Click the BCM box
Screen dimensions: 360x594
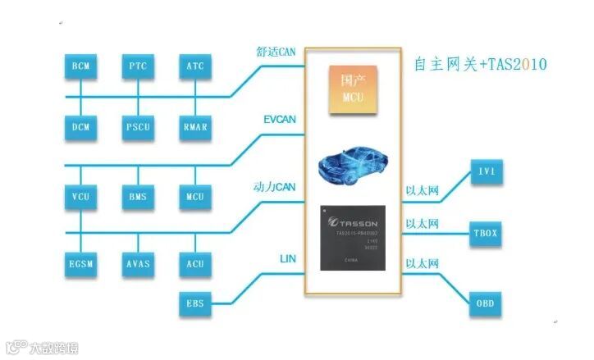click(80, 65)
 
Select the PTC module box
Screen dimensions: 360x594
click(138, 65)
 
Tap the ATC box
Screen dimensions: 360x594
click(195, 65)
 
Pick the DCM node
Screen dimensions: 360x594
click(80, 126)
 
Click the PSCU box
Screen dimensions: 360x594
click(138, 126)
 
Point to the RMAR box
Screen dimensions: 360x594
click(195, 126)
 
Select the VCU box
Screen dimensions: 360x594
click(80, 196)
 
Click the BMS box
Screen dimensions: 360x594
click(138, 196)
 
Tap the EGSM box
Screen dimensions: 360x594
click(80, 263)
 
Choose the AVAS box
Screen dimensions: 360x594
click(138, 263)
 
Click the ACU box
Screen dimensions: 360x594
click(195, 263)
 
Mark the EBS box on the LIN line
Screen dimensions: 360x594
click(195, 303)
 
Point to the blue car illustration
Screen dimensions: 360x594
click(354, 167)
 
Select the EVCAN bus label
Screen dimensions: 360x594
click(280, 120)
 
